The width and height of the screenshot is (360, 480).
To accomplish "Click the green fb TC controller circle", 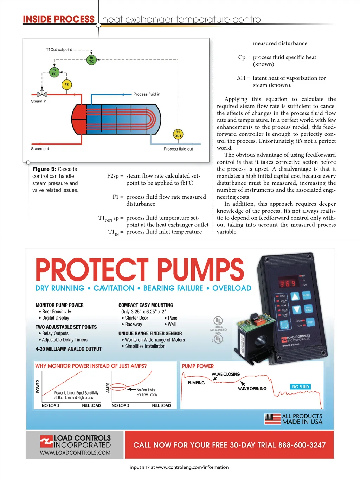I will point(91,59).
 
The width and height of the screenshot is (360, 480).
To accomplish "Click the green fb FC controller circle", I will point(54,72).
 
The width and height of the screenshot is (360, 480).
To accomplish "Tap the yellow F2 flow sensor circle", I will point(66,84).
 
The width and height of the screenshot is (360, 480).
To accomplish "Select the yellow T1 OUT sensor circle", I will point(178,134).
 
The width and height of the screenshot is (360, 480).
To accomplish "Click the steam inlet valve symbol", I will point(42,94).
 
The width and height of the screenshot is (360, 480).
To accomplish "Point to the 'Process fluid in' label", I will point(147,94).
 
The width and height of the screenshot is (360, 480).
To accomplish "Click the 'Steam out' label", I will point(40,149).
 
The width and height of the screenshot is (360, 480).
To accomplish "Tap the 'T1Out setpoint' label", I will point(59,50).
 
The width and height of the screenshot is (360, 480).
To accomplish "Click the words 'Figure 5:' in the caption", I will point(44,169).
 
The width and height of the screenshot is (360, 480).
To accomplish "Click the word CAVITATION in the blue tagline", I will point(114,288).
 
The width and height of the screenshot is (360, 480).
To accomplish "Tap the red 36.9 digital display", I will point(288,283).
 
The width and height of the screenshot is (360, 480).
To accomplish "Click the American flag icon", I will point(272,419).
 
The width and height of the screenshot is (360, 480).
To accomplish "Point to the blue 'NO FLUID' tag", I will point(300,387).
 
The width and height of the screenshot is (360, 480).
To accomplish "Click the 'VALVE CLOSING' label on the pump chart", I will point(226,374).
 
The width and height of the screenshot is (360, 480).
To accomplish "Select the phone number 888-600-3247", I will point(302,445).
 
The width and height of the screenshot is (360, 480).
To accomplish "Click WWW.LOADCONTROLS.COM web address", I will point(75,453).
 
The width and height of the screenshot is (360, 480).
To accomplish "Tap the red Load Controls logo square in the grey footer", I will point(46,441).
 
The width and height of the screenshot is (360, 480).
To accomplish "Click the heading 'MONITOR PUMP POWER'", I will point(59,305).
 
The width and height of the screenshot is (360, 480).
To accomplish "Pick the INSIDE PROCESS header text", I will point(59,19).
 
